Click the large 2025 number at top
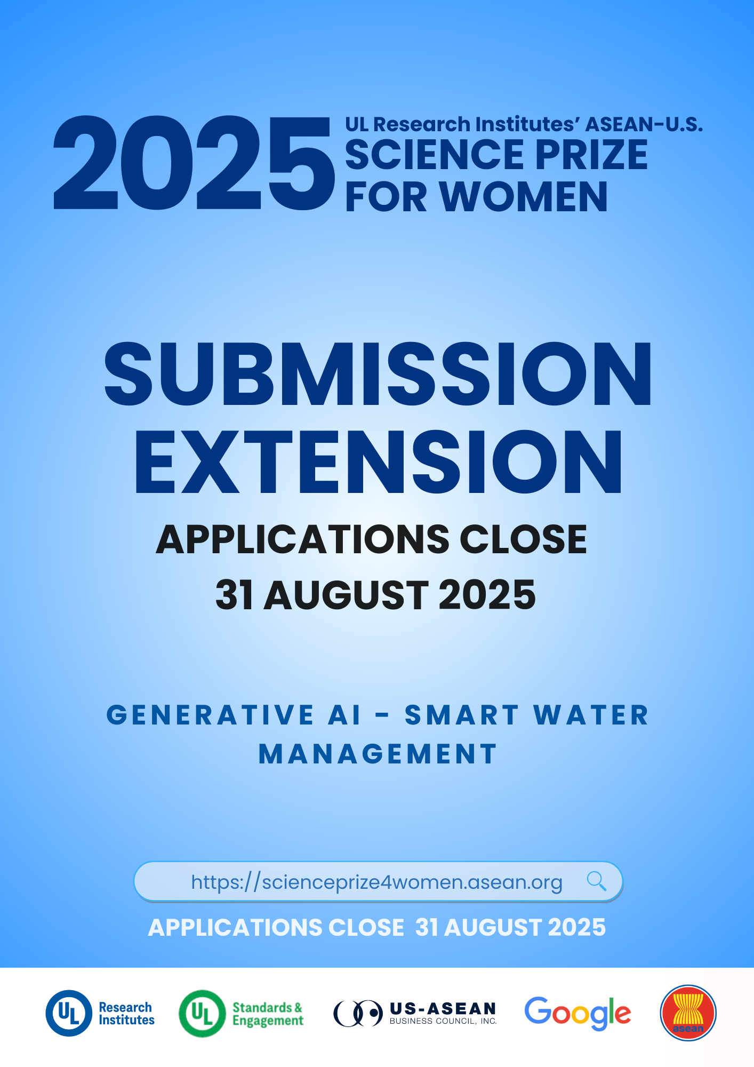point(194,163)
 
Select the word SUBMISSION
point(378,373)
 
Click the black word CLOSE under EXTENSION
point(523,539)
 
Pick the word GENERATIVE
point(210,715)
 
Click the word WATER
point(591,715)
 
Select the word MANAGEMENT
point(378,754)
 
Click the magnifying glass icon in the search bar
point(597,881)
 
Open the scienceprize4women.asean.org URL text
point(376,882)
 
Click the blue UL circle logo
point(69,1013)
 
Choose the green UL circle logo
point(202,1013)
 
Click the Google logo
point(577,1013)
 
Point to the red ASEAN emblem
point(688,1013)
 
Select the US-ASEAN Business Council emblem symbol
point(358,1013)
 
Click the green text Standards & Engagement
point(268,1014)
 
